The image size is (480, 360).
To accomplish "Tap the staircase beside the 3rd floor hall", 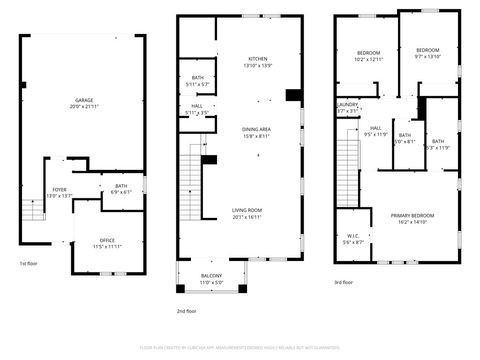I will pyautogui.click(x=348, y=170).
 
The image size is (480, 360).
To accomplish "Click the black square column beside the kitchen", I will pyautogui.click(x=293, y=96).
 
